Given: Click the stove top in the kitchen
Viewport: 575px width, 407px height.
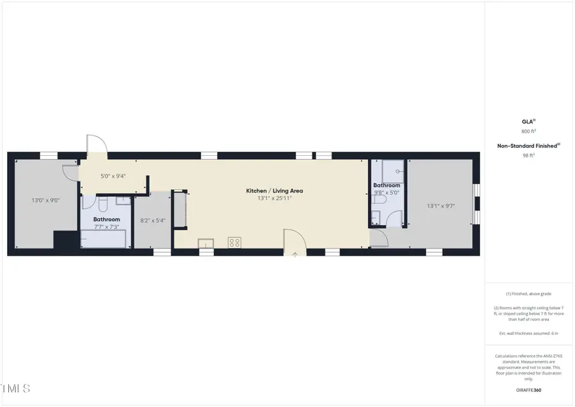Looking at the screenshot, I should pyautogui.click(x=234, y=242).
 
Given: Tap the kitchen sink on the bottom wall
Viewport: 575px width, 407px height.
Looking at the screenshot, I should pyautogui.click(x=206, y=243).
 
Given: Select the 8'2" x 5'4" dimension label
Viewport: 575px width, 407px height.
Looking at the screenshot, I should pyautogui.click(x=153, y=220).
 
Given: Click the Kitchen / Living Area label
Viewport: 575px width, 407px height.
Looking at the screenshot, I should pyautogui.click(x=275, y=190).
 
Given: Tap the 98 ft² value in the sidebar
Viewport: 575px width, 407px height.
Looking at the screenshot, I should pyautogui.click(x=528, y=155).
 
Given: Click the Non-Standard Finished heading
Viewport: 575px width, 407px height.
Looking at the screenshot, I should pyautogui.click(x=528, y=146).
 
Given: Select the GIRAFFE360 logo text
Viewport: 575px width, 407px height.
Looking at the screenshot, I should pyautogui.click(x=528, y=388).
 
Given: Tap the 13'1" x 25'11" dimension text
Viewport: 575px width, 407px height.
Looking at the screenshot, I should pyautogui.click(x=275, y=199).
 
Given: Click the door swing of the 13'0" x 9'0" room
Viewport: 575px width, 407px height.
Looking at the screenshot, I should pyautogui.click(x=70, y=173).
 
